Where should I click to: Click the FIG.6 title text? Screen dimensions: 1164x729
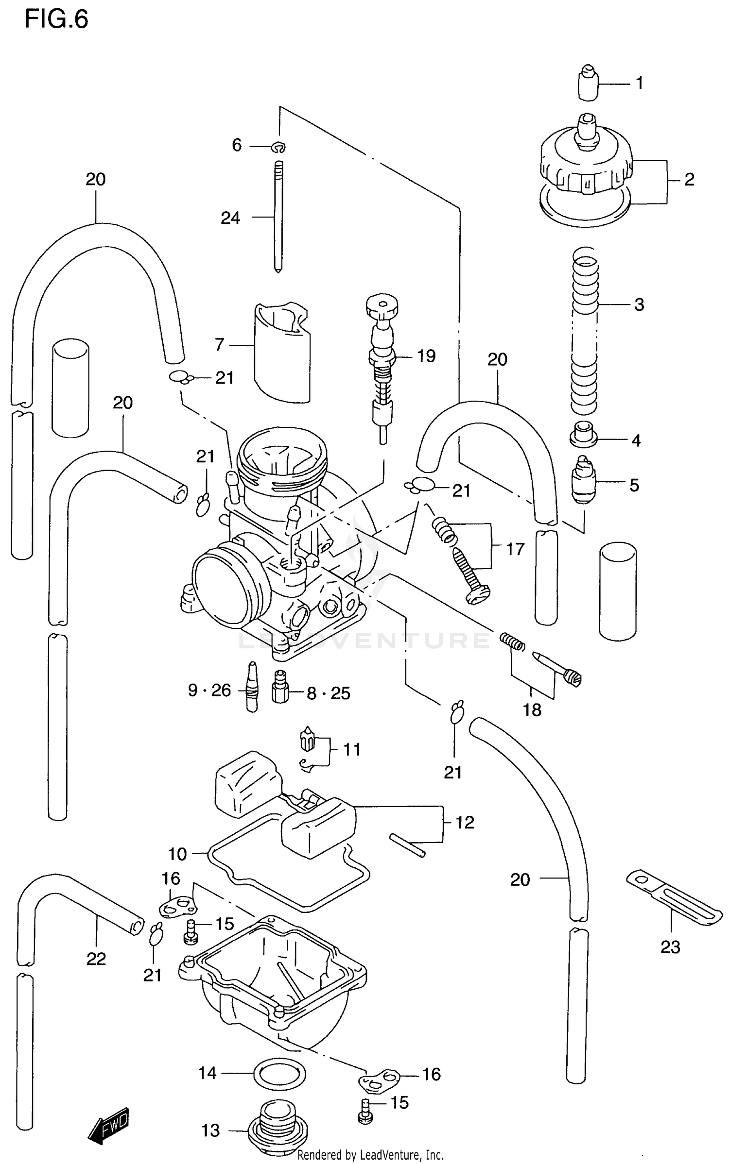56,20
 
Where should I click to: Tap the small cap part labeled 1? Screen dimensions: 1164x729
589,83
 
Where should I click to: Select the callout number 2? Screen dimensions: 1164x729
689,180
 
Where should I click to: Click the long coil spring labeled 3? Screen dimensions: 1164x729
585,330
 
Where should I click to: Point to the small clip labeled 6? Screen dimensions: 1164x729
279,146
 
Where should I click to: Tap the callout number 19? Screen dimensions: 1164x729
426,356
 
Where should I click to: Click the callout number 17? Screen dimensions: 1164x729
515,549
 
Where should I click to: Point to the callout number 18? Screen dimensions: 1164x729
532,710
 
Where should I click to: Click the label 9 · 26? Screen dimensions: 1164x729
209,690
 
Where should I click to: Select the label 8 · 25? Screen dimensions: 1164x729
328,693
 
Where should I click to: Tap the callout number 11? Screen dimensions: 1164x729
351,749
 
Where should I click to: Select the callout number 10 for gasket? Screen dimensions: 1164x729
177,854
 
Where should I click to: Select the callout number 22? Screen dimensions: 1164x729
96,959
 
